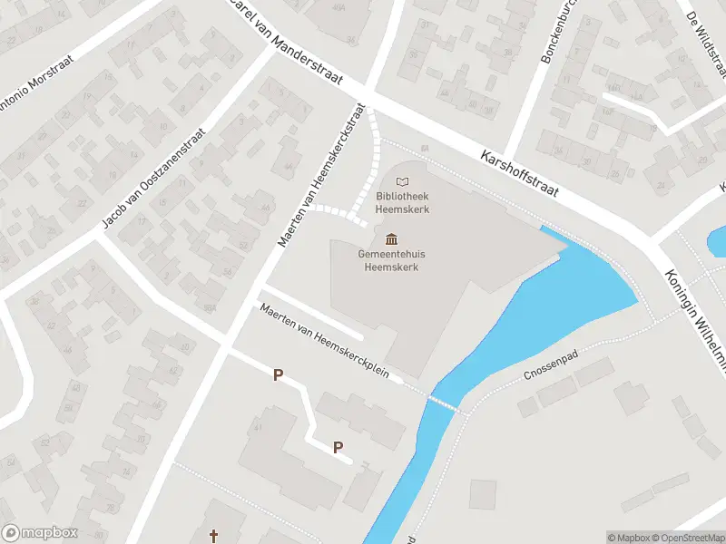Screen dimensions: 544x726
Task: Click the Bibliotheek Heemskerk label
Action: pyautogui.click(x=404, y=203)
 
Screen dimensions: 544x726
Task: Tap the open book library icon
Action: pyautogui.click(x=403, y=182)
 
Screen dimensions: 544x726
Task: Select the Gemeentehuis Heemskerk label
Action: pyautogui.click(x=391, y=260)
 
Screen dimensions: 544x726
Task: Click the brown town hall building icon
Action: pyautogui.click(x=391, y=239)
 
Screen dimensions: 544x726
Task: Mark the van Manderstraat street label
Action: pyautogui.click(x=281, y=44)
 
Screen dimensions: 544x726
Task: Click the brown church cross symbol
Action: pyautogui.click(x=215, y=537)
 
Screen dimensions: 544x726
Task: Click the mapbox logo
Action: pyautogui.click(x=40, y=533)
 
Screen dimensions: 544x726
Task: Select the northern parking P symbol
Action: pyautogui.click(x=279, y=374)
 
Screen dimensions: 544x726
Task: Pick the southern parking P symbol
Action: pyautogui.click(x=338, y=446)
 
